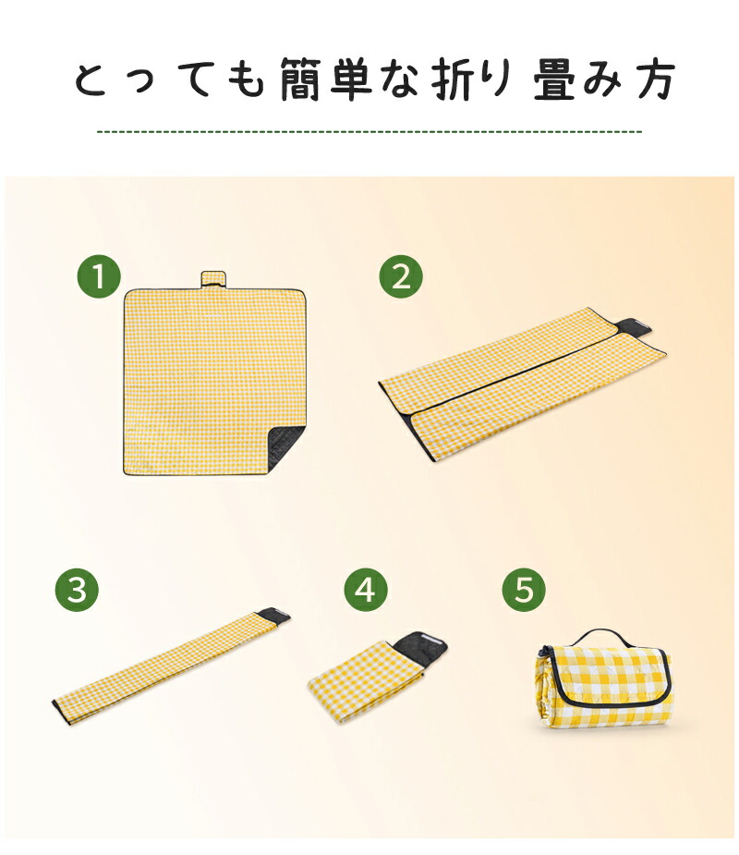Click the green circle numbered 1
(x=99, y=276)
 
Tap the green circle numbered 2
(x=401, y=276)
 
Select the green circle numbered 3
(x=77, y=590)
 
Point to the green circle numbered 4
(x=366, y=590)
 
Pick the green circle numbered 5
(x=524, y=590)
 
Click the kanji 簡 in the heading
(x=299, y=79)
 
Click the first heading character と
(x=91, y=80)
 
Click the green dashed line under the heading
(x=369, y=131)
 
